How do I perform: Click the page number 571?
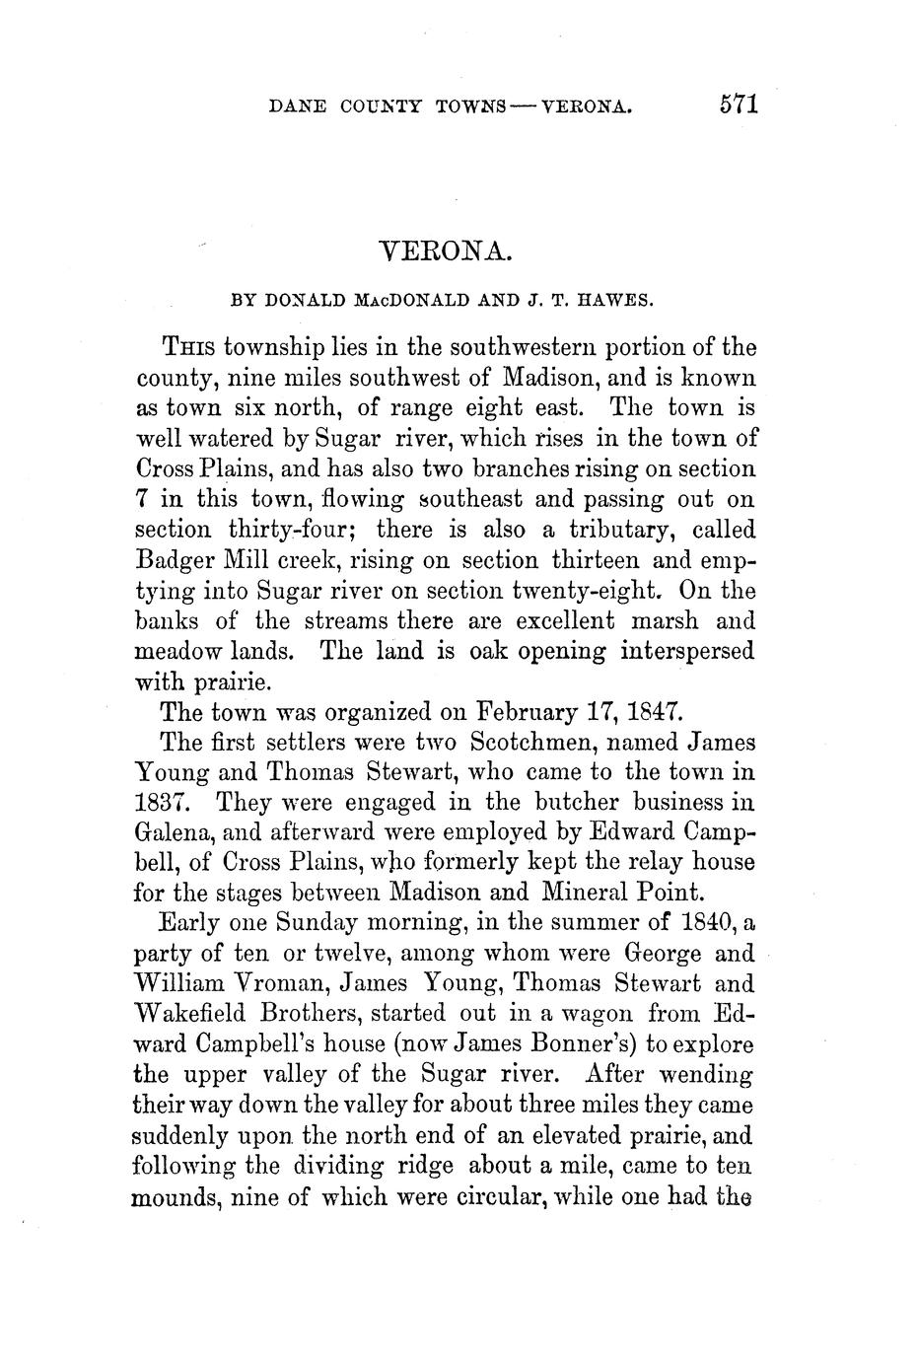tap(738, 105)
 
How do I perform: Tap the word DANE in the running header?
tap(297, 106)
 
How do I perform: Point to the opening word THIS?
tap(189, 348)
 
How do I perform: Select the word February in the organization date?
tap(533, 711)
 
